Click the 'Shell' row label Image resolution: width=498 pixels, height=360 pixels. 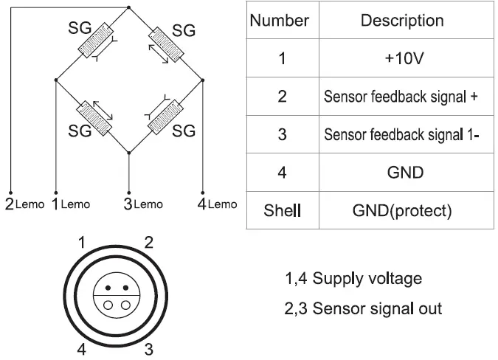pyautogui.click(x=283, y=211)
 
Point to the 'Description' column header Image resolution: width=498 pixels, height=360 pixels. pyautogui.click(x=402, y=21)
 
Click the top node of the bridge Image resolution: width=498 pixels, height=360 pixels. pyautogui.click(x=129, y=7)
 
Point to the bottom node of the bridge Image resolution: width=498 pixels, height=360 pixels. pyautogui.click(x=129, y=153)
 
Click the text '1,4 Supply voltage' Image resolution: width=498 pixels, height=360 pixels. pyautogui.click(x=353, y=279)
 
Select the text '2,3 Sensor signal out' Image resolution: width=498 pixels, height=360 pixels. pyautogui.click(x=363, y=308)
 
